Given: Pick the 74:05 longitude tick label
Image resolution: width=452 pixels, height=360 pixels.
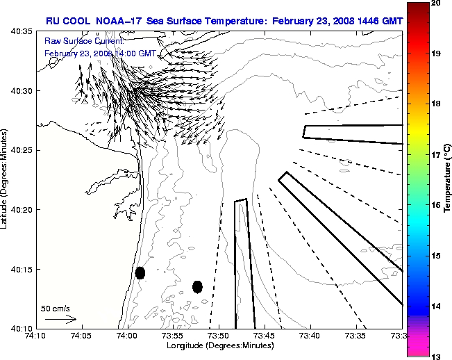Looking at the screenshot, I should pos(82,335).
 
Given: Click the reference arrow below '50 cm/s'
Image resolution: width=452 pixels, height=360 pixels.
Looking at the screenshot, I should pos(61,319).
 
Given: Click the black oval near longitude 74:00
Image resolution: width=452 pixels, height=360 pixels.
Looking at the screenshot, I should pos(140,272).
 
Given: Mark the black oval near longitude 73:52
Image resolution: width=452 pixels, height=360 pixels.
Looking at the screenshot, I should pos(197,286).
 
